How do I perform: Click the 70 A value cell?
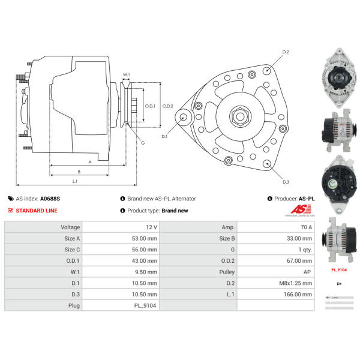click(305, 227)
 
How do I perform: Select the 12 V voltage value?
click(151, 227)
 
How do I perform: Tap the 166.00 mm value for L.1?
click(299, 295)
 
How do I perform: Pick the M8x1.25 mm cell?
click(298, 283)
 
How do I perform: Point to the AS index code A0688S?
click(50, 199)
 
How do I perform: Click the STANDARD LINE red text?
click(37, 211)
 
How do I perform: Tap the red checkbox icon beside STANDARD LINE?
click(10, 211)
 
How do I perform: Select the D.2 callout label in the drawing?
click(286, 53)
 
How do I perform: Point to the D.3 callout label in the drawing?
click(286, 182)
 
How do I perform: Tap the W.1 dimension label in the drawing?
click(126, 76)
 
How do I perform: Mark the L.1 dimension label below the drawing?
click(75, 181)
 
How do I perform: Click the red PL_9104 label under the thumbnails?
click(340, 270)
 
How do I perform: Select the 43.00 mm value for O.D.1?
click(147, 261)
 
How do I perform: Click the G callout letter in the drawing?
click(143, 142)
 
